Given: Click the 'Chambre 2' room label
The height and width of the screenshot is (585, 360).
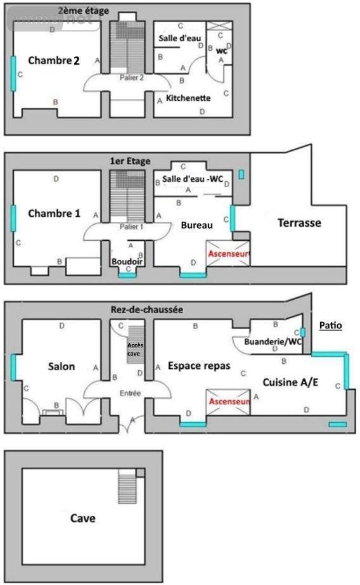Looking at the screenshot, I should pos(54,61).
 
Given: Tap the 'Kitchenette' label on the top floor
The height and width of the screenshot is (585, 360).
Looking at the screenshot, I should pos(188,98).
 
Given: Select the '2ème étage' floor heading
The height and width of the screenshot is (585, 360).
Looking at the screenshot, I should pos(83,11).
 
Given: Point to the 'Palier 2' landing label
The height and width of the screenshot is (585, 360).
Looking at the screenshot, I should pos(132,77).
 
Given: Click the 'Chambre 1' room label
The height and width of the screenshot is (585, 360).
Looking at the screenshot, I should pos(54,214).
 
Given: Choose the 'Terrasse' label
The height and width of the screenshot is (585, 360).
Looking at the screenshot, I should pos(299,223).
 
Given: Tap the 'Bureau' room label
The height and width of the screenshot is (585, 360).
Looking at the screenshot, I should pos(196,225).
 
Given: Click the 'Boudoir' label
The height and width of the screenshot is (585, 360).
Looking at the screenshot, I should pos(127,261).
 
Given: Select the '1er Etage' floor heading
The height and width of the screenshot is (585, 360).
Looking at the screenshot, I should pos(130,162).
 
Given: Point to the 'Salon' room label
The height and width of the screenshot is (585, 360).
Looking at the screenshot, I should pos(61,366).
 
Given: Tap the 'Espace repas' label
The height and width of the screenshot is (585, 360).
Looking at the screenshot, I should pos(198,366).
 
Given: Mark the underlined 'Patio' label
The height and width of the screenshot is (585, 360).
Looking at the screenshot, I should pos(330,326).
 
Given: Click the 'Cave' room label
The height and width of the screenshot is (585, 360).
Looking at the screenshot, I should pos(83,518).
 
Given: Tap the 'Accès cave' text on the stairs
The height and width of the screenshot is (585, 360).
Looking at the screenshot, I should pos(134,349).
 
